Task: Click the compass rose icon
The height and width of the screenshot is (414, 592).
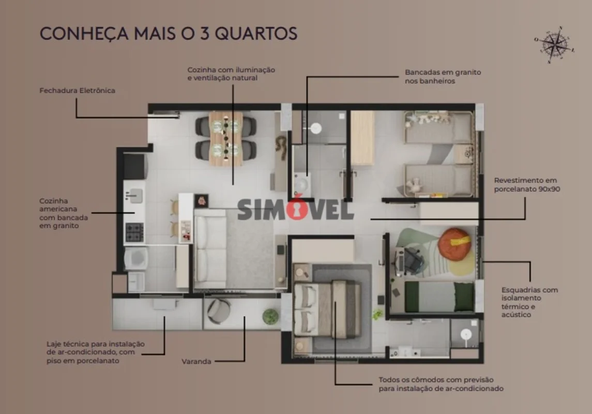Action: click(x=554, y=45)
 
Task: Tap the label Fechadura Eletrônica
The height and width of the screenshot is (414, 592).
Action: click(x=78, y=90)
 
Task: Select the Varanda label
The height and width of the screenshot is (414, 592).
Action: click(x=196, y=362)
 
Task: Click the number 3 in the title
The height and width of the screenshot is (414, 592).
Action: click(x=205, y=33)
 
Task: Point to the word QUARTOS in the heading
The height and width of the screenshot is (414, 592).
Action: click(x=256, y=33)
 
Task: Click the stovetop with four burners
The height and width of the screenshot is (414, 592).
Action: click(x=134, y=232)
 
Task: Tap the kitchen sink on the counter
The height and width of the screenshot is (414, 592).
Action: click(x=134, y=196)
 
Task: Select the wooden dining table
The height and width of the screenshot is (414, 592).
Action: click(x=226, y=139)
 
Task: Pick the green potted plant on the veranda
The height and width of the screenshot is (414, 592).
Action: click(x=270, y=317)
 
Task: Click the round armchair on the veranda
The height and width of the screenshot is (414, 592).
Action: click(x=218, y=311)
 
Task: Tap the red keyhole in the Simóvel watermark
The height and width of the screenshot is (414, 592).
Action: click(x=297, y=208)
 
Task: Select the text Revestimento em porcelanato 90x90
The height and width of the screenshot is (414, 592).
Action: click(x=527, y=185)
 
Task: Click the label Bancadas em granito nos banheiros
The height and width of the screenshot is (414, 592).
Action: click(x=443, y=76)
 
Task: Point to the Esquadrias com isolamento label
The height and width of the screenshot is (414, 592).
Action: click(x=530, y=302)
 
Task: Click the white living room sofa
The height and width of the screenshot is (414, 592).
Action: click(x=210, y=249)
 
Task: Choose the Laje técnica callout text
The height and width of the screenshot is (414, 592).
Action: click(x=96, y=352)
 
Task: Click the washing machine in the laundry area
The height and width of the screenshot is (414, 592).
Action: click(x=136, y=258)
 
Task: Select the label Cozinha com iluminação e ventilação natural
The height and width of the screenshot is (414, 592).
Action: click(x=231, y=73)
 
